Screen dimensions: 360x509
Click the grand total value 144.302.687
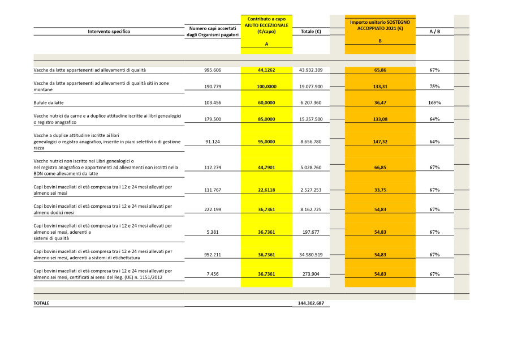pyautogui.click(x=311, y=303)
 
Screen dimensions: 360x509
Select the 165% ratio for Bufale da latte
pyautogui.click(x=434, y=102)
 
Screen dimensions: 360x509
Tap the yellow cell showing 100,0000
pyautogui.click(x=266, y=87)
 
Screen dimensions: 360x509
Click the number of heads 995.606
pyautogui.click(x=213, y=70)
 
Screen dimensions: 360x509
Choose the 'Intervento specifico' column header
pyautogui.click(x=109, y=31)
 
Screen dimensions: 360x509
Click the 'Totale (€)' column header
pyautogui.click(x=311, y=31)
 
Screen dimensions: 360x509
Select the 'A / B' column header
pyautogui.click(x=434, y=31)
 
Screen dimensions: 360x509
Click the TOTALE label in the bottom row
pyautogui.click(x=41, y=303)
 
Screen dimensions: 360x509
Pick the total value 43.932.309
pyautogui.click(x=311, y=70)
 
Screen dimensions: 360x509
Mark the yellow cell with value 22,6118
pyautogui.click(x=266, y=190)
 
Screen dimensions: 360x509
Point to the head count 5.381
pyautogui.click(x=213, y=232)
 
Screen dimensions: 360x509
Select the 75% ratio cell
pyautogui.click(x=434, y=87)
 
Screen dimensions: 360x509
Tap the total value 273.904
pyautogui.click(x=311, y=274)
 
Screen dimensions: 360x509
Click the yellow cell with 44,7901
pyautogui.click(x=266, y=168)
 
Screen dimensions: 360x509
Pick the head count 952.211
pyautogui.click(x=213, y=255)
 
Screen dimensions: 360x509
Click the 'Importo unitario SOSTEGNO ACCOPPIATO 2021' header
pyautogui.click(x=379, y=25)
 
